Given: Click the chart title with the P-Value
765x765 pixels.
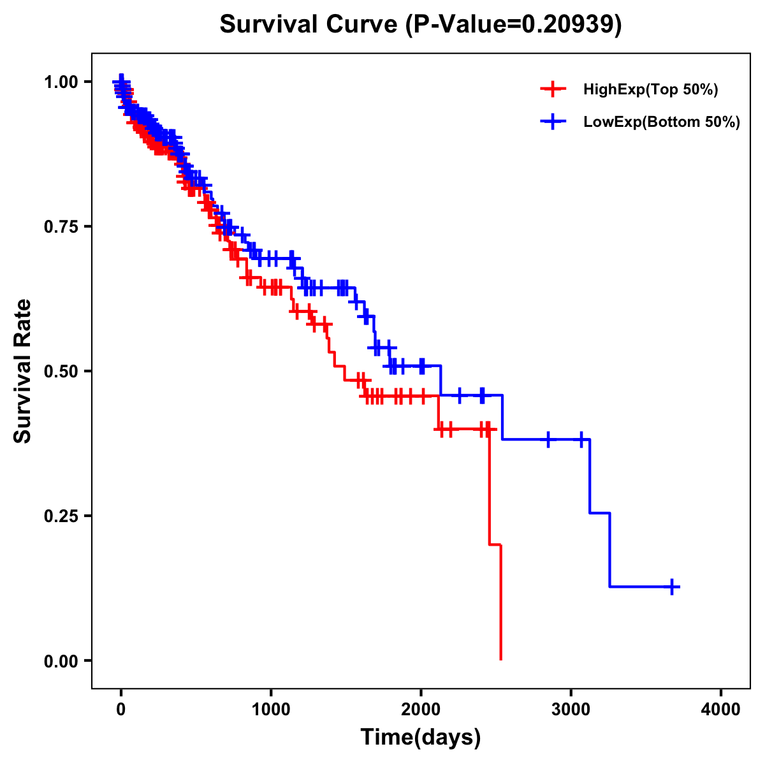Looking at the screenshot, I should coord(421,25).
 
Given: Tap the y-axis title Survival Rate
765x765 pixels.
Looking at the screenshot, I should coord(23,370).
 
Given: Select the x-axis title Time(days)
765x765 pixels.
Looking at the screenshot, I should coord(421,738).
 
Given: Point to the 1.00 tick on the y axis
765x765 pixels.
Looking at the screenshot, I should coord(61,82).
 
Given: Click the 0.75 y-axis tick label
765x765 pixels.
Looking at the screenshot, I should coord(61,226).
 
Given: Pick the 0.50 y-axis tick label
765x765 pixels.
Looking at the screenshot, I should coord(61,371).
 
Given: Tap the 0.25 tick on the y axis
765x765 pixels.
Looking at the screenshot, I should coord(61,516).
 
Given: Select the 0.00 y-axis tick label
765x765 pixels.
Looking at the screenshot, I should coord(61,660).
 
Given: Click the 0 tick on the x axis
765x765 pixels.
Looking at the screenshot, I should coord(121,710).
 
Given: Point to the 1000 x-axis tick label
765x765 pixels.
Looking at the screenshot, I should coord(271,710).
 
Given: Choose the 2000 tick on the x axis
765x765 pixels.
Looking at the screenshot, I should coord(421,710).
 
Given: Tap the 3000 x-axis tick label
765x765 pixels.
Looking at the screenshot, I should coord(571,710).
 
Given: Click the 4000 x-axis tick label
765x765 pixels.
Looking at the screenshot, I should coord(721,710).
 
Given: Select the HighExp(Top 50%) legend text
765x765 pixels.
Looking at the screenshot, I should coord(651,90).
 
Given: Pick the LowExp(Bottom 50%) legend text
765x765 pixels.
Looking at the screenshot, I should coord(662,122).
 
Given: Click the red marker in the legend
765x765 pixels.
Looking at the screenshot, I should coord(553,89).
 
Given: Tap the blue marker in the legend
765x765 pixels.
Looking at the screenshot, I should coord(553,122).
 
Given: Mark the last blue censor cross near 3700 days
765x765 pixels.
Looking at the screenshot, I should coord(672,586).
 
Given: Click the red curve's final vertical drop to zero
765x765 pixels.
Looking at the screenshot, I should coord(501,602).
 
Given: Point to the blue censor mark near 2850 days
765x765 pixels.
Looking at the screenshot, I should coord(548,439).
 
